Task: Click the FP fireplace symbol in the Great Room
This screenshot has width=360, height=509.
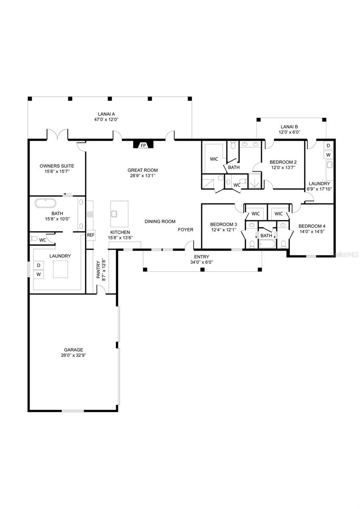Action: click(143, 145)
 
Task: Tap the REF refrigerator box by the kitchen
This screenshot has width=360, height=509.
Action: click(90, 235)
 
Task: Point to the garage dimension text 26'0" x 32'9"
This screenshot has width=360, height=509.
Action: click(74, 355)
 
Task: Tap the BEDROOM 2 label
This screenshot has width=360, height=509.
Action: click(283, 162)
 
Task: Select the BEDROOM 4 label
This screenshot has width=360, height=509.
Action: click(312, 226)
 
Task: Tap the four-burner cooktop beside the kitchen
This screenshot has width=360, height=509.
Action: click(90, 215)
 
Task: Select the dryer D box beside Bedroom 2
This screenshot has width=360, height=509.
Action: click(328, 145)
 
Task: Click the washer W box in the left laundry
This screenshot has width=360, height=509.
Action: click(38, 274)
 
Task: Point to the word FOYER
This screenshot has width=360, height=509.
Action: click(186, 230)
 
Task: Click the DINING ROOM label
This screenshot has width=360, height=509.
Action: click(160, 221)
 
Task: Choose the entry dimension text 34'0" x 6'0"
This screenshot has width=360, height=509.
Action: click(202, 262)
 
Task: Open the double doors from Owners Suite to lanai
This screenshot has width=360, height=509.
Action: click(57, 135)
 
